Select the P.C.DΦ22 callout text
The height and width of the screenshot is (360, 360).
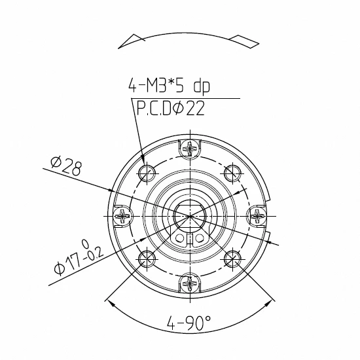coord(170,108)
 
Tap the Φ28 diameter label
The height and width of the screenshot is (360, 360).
coord(65,166)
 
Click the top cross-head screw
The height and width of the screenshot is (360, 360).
coord(190,149)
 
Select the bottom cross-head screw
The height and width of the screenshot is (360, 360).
coord(190,283)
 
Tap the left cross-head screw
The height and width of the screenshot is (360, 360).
coord(122,216)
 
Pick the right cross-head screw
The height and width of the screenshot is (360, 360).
coord(258,216)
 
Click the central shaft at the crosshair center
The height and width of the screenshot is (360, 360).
coord(190,215)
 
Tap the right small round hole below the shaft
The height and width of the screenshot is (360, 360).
coord(200,238)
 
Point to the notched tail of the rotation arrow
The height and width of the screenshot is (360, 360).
coord(249,41)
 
